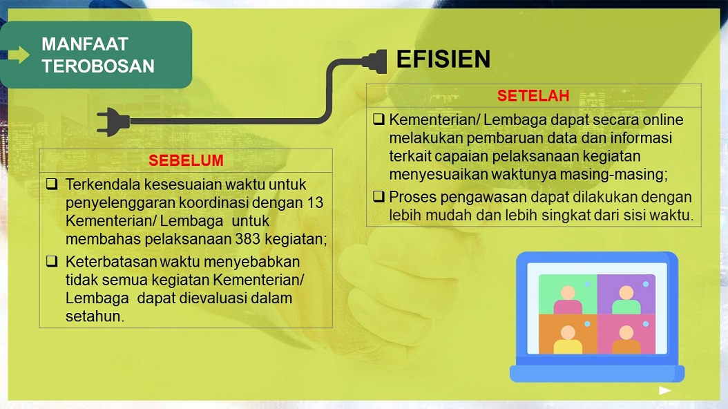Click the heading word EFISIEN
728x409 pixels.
(x=443, y=59)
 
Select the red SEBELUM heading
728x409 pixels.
(x=186, y=160)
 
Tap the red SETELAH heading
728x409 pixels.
(x=533, y=95)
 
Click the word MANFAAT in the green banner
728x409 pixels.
(x=84, y=44)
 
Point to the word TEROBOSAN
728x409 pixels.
(x=98, y=66)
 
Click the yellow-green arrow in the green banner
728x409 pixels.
(x=19, y=55)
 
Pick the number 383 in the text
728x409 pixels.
(x=247, y=239)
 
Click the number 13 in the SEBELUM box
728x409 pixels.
(x=315, y=202)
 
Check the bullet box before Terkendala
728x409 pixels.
(x=52, y=184)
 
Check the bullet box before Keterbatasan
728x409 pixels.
(x=52, y=261)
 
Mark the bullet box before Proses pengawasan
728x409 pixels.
(x=379, y=196)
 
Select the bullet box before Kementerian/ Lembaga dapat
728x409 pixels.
(x=379, y=120)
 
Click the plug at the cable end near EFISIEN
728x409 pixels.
(x=374, y=61)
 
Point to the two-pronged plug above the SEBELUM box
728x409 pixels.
(x=113, y=122)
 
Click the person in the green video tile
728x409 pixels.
(x=568, y=301)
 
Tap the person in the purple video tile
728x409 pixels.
(x=626, y=301)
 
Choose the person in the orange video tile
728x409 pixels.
(x=568, y=341)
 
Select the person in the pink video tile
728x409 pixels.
(x=626, y=341)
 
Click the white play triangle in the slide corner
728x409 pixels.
(x=664, y=390)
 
